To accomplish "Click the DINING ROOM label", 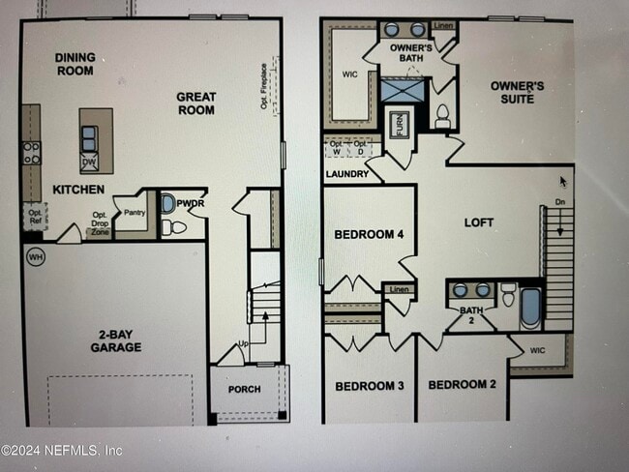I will (75, 64).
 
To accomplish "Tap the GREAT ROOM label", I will (195, 103).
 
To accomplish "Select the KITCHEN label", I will (78, 190).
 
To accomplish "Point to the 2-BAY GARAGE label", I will (116, 340).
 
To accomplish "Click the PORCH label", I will (244, 389).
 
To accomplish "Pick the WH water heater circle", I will (36, 257).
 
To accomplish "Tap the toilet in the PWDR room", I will (173, 228).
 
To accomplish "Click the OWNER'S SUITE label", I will (517, 92).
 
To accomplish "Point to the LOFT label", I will (479, 222).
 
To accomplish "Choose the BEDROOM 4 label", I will (369, 234).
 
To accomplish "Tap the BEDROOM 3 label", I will (369, 386).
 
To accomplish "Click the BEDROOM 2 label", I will (462, 385).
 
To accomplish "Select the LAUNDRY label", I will (345, 174).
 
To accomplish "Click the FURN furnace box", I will (399, 126).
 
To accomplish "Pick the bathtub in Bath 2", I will (530, 307).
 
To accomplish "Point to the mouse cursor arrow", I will (564, 181).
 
